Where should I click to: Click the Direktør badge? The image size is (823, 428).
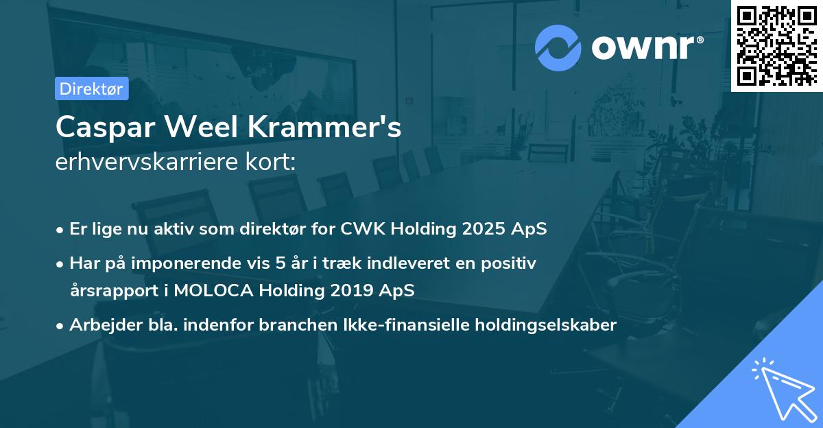[92, 88]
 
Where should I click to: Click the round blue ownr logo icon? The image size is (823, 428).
[558, 47]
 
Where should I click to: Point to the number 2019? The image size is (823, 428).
[350, 290]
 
